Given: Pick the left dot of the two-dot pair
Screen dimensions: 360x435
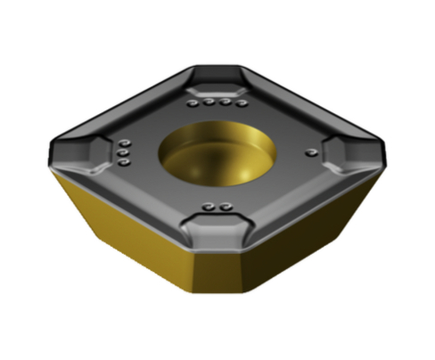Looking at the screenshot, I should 208,209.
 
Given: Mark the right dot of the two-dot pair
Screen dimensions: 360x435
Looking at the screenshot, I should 223,209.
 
